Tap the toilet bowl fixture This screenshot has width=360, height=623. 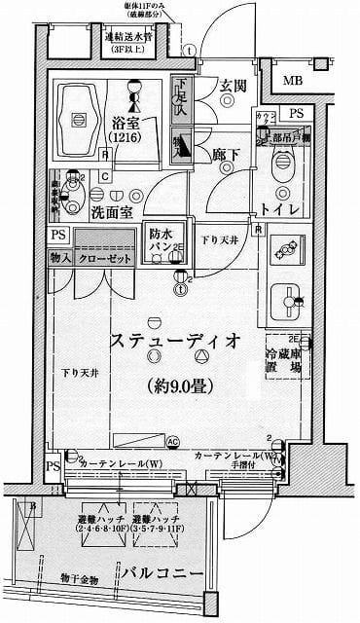coord(287,175)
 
